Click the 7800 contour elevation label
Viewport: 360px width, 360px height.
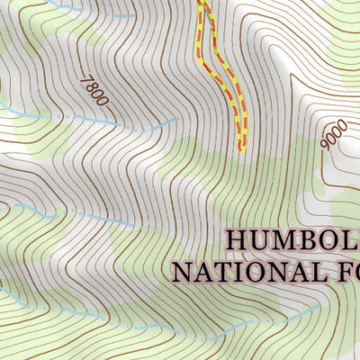click(94, 91)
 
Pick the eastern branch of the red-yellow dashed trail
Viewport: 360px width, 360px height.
click(236, 90)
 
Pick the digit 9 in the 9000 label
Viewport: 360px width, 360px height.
click(325, 142)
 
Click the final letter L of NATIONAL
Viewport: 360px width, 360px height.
click(306, 271)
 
